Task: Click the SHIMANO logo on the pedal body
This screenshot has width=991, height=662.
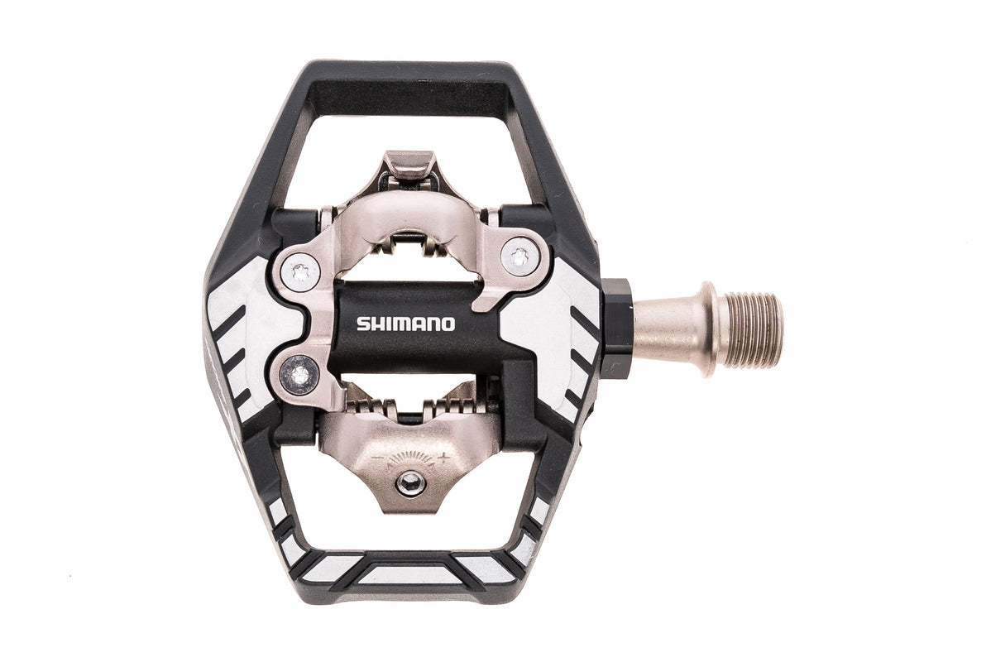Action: pos(405,324)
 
